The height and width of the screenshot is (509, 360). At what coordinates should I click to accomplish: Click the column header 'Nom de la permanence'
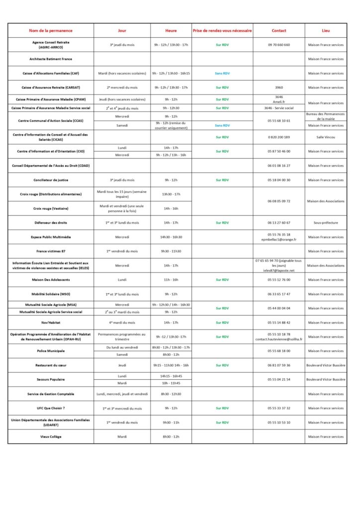tap(51, 30)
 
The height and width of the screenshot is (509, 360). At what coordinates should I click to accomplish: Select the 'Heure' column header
tap(171, 30)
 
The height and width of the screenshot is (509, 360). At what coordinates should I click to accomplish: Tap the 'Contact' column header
tap(279, 30)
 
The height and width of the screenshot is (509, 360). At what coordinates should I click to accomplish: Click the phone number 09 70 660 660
tap(279, 45)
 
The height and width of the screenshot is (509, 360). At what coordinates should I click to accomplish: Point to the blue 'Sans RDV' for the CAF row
tap(222, 73)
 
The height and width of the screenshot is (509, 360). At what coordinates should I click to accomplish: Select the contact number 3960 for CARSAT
tap(279, 87)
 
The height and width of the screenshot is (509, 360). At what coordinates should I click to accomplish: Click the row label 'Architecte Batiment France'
tap(51, 59)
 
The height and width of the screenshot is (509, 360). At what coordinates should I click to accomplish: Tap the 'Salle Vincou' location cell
tap(326, 137)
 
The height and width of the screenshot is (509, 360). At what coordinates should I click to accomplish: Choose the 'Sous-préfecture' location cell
tap(326, 223)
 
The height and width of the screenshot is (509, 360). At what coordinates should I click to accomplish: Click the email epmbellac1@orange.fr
tap(279, 240)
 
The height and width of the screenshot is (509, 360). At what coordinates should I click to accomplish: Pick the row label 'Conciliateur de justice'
tap(51, 180)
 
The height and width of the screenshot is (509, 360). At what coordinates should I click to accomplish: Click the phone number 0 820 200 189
tap(279, 137)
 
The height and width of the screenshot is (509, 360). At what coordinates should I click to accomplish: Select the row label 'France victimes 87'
tap(51, 251)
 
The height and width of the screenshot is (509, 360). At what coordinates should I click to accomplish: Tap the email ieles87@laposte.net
tap(279, 270)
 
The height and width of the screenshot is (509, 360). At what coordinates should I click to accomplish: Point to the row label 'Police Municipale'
tap(51, 351)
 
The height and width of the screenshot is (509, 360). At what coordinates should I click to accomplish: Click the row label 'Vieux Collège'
tap(51, 437)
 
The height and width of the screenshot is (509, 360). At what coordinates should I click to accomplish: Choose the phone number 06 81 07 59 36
tap(279, 365)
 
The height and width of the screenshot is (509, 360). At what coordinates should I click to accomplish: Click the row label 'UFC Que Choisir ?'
tap(51, 408)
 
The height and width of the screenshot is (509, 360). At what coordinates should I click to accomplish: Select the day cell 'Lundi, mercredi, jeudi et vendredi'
tap(122, 394)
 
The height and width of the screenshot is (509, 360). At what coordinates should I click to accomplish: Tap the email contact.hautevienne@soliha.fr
tap(279, 339)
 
